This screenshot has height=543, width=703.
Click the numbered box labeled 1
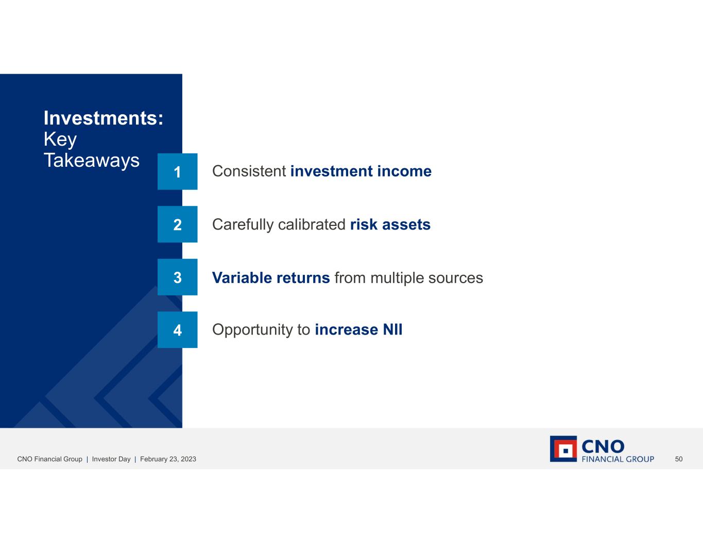pyautogui.click(x=177, y=171)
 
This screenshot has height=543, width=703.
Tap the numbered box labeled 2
pyautogui.click(x=177, y=224)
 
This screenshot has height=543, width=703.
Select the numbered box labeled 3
pyautogui.click(x=177, y=277)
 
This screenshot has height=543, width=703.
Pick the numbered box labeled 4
pyautogui.click(x=177, y=330)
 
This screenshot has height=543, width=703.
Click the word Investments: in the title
pyautogui.click(x=104, y=118)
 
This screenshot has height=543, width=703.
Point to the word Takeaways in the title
pyautogui.click(x=92, y=160)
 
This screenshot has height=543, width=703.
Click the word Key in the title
pyautogui.click(x=60, y=139)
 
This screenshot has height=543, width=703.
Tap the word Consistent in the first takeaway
pyautogui.click(x=249, y=171)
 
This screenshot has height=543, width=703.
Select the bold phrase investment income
pyautogui.click(x=361, y=171)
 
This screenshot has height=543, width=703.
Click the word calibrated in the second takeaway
pyautogui.click(x=312, y=224)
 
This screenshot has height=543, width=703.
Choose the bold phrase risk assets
pyautogui.click(x=390, y=224)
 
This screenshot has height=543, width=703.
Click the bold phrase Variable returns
pyautogui.click(x=271, y=277)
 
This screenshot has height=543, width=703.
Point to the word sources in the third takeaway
pyautogui.click(x=455, y=278)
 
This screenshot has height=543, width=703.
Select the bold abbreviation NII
pyautogui.click(x=393, y=330)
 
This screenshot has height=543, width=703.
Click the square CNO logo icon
pyautogui.click(x=563, y=449)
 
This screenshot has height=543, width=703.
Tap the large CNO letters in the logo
pyautogui.click(x=603, y=446)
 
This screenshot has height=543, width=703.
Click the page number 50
pyautogui.click(x=679, y=459)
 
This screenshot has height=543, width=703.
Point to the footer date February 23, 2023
pyautogui.click(x=168, y=459)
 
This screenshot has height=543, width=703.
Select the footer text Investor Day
pyautogui.click(x=111, y=459)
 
